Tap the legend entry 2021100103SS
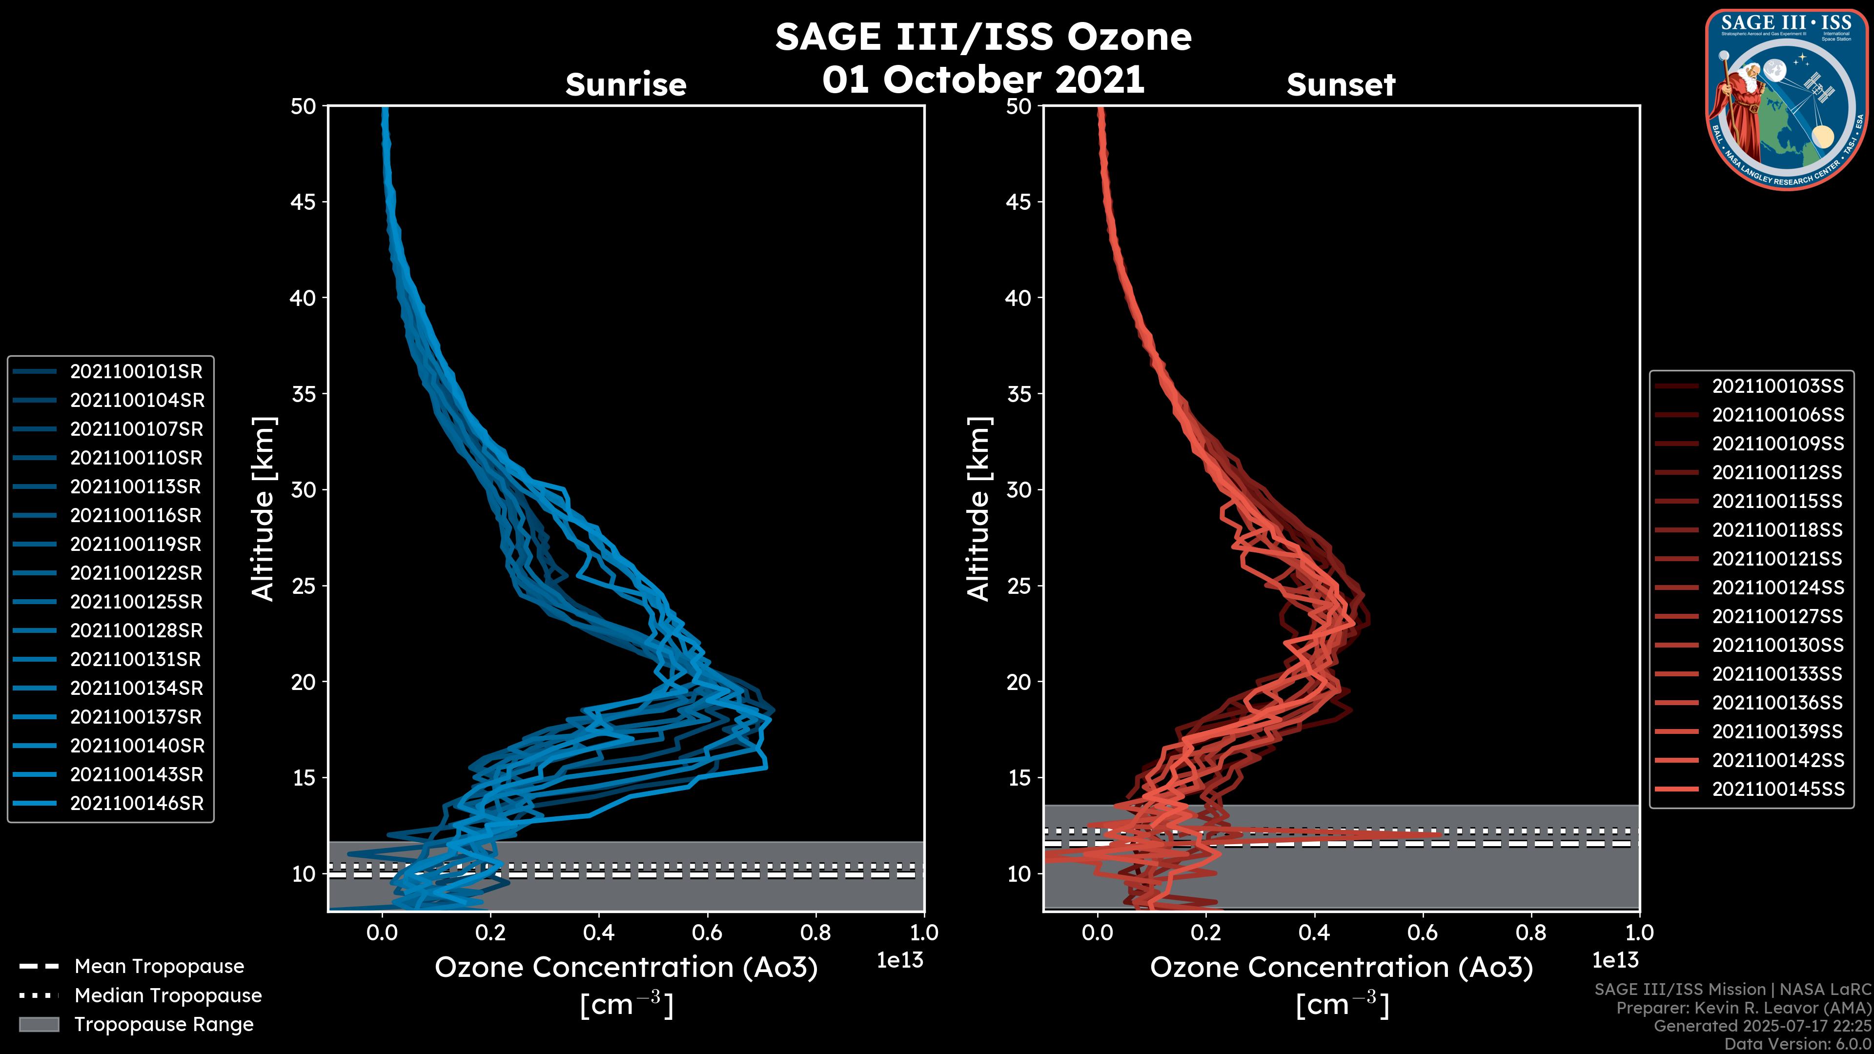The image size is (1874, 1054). (1778, 386)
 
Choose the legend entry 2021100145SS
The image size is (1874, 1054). (1778, 789)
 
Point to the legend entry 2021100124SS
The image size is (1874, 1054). (1778, 588)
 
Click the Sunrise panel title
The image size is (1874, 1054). (626, 85)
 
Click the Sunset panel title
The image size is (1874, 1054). (1341, 85)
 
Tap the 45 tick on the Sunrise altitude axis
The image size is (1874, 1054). (304, 202)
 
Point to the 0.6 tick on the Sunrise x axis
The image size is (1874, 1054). (707, 932)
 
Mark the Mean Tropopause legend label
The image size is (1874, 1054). (159, 967)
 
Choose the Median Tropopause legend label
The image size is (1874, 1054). (168, 996)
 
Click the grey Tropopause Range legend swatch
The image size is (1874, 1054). (39, 1025)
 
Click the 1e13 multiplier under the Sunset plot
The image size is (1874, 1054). (1615, 961)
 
